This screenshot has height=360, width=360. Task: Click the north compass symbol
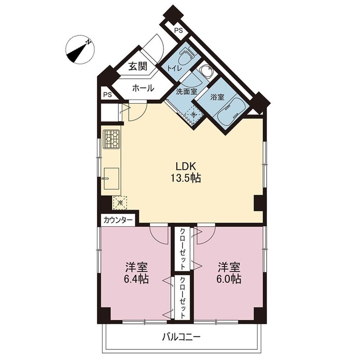tap(80, 50)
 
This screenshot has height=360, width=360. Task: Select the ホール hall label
tap(143, 88)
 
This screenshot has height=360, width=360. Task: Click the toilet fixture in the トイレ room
tap(186, 56)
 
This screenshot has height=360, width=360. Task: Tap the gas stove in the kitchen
tap(111, 139)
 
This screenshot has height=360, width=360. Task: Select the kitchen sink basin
tap(111, 178)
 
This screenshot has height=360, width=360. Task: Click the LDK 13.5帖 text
tap(185, 172)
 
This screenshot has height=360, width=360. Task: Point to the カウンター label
tap(118, 220)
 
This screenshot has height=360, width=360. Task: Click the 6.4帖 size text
tap(136, 279)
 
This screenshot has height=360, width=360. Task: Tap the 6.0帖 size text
tap(229, 279)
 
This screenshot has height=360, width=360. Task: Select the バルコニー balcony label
tap(181, 337)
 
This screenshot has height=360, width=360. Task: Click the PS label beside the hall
tap(107, 94)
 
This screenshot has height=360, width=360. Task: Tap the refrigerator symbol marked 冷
tap(120, 203)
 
